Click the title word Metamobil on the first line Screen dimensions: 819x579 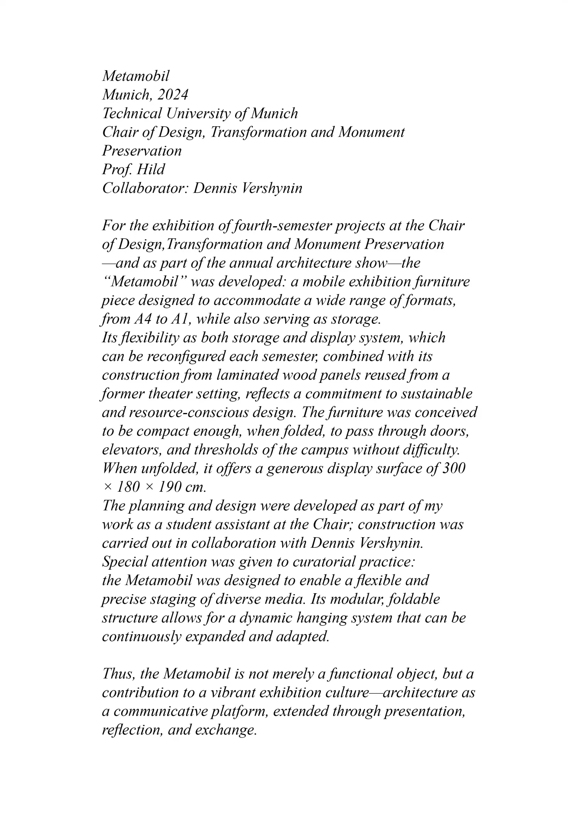tap(135, 76)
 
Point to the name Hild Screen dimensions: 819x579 tap(152, 169)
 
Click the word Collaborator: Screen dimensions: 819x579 tap(144, 188)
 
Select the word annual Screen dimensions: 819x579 tap(251, 263)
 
